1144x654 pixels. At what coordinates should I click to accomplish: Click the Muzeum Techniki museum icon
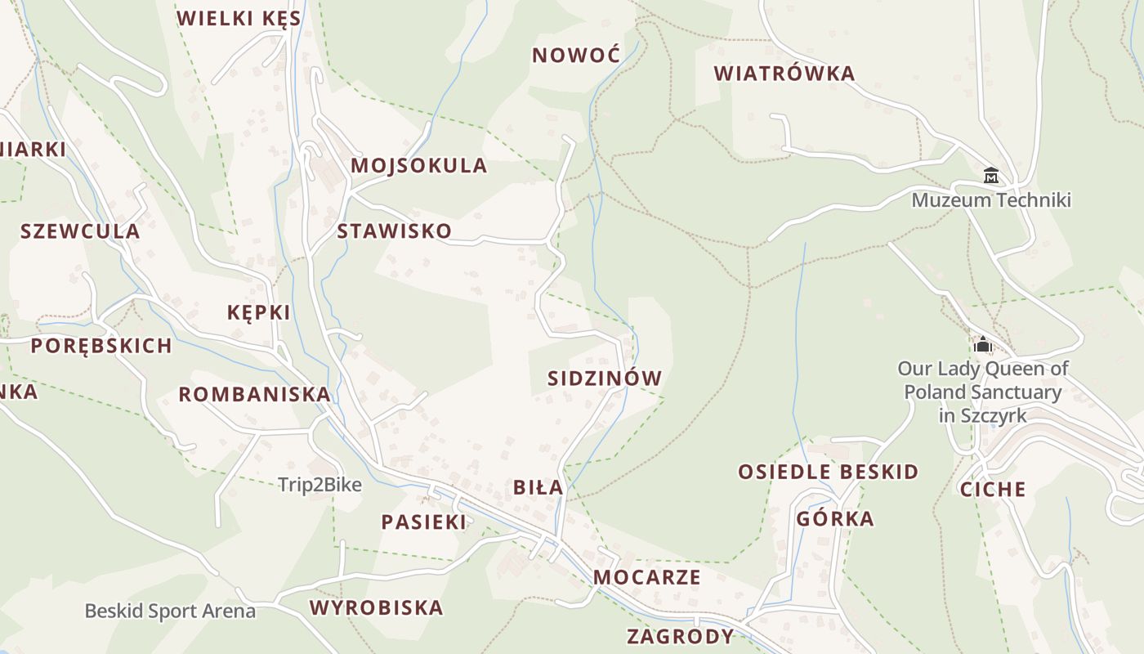pyautogui.click(x=991, y=175)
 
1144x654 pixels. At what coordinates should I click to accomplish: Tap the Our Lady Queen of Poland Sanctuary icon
pyautogui.click(x=982, y=344)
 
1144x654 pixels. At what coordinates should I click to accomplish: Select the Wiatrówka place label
pyautogui.click(x=784, y=74)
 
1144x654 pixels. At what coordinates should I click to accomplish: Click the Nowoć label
pyautogui.click(x=576, y=56)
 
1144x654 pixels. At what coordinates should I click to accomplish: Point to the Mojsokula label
pyautogui.click(x=418, y=166)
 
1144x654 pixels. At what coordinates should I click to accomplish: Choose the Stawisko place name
pyautogui.click(x=394, y=231)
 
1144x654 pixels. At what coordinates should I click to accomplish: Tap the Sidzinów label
pyautogui.click(x=604, y=379)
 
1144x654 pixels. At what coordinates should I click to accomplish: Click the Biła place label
pyautogui.click(x=538, y=488)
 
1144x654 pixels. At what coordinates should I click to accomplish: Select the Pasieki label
pyautogui.click(x=423, y=522)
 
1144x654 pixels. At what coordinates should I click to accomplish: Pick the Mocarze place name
pyautogui.click(x=646, y=577)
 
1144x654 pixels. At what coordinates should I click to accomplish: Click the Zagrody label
pyautogui.click(x=680, y=636)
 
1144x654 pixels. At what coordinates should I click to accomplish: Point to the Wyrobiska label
pyautogui.click(x=376, y=608)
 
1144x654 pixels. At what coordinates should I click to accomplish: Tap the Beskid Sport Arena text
pyautogui.click(x=170, y=611)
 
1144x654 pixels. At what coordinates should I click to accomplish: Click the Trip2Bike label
pyautogui.click(x=320, y=485)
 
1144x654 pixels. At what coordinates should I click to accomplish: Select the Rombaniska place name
pyautogui.click(x=254, y=395)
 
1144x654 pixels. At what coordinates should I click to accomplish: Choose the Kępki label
pyautogui.click(x=258, y=312)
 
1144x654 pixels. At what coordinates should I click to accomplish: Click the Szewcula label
pyautogui.click(x=80, y=231)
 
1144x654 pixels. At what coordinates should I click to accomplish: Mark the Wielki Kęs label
pyautogui.click(x=239, y=19)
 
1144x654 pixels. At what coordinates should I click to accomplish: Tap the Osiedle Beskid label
pyautogui.click(x=828, y=473)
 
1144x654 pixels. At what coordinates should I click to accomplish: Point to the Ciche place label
pyautogui.click(x=992, y=490)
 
